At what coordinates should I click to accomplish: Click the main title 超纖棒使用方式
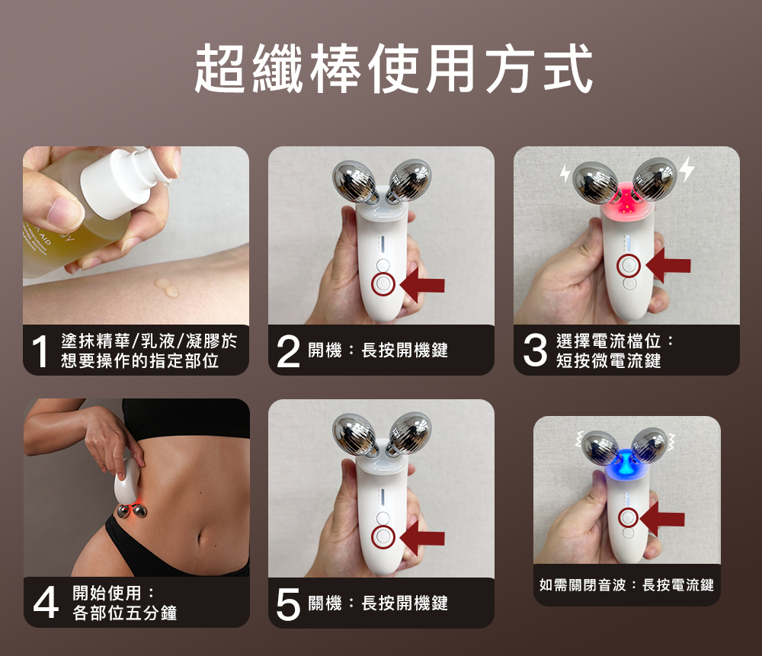(x=393, y=68)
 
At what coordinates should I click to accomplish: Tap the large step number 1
(x=40, y=350)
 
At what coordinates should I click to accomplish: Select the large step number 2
(x=287, y=350)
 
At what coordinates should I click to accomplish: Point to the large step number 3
(x=535, y=350)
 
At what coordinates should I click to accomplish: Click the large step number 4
(x=46, y=603)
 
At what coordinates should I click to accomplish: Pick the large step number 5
(x=288, y=604)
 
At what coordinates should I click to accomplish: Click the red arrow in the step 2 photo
(x=422, y=285)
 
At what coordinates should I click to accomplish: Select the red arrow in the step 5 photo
(x=422, y=539)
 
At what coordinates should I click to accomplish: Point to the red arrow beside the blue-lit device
(x=662, y=519)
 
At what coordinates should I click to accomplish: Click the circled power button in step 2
(x=383, y=284)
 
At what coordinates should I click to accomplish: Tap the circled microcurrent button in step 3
(x=629, y=266)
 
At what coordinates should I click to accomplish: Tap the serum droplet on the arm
(x=167, y=288)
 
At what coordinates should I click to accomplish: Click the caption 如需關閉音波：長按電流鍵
(x=626, y=585)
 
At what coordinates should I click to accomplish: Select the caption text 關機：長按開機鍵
(x=378, y=603)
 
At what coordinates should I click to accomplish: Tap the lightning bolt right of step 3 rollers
(x=687, y=170)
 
